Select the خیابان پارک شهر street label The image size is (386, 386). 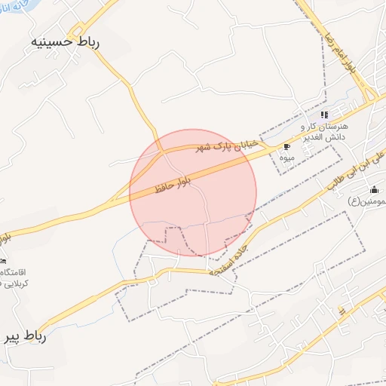pyautogui.click(x=228, y=145)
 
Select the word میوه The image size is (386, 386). pyautogui.click(x=286, y=158)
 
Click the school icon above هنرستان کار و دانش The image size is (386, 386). pyautogui.click(x=324, y=115)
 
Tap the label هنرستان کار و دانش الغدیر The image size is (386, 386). pyautogui.click(x=324, y=132)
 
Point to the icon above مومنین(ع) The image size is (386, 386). pyautogui.click(x=374, y=189)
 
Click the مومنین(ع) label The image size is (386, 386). pyautogui.click(x=365, y=201)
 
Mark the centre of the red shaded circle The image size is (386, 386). pyautogui.click(x=193, y=193)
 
